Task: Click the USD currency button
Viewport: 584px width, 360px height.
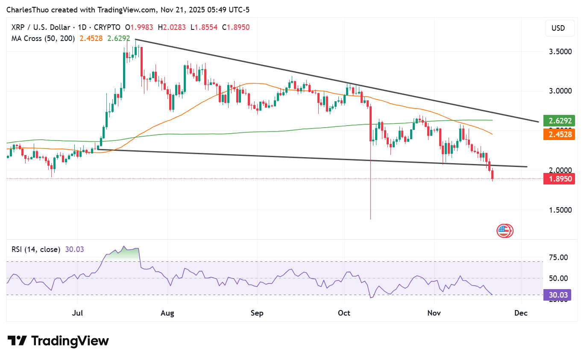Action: (x=558, y=28)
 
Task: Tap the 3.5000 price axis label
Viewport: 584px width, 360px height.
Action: (x=560, y=52)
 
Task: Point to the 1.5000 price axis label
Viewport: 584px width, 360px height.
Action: (x=560, y=210)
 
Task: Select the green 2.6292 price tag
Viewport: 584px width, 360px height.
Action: (x=559, y=121)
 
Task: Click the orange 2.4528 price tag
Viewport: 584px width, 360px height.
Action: (x=559, y=135)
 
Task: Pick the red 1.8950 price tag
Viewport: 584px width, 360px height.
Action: (x=559, y=179)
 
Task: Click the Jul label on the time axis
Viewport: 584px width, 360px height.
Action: (x=77, y=313)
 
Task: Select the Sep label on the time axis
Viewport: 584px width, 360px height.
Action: (x=257, y=313)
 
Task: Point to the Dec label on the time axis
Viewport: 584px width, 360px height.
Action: (x=521, y=313)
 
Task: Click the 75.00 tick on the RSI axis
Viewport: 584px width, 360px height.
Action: (x=558, y=258)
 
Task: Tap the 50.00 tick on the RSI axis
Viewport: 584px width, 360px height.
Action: (x=558, y=278)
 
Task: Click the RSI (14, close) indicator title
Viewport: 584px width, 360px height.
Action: (x=36, y=249)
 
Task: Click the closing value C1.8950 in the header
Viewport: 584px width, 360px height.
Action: (x=236, y=27)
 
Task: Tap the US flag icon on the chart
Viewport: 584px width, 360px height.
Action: (x=504, y=231)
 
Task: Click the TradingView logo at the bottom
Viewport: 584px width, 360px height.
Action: (x=59, y=341)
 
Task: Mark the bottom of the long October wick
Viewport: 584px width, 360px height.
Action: (x=370, y=219)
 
